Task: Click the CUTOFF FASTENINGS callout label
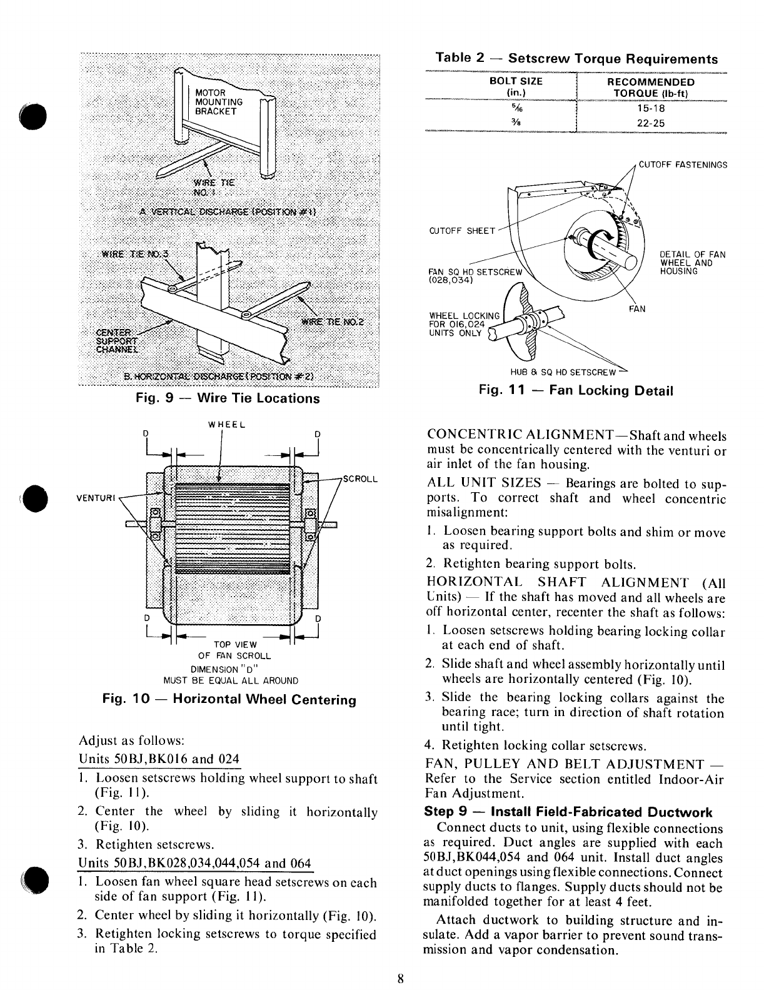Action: (x=683, y=165)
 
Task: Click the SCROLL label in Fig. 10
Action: (x=361, y=479)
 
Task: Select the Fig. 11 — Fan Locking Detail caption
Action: (x=576, y=391)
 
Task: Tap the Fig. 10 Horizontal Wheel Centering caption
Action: (x=229, y=700)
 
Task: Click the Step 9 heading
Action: (x=568, y=812)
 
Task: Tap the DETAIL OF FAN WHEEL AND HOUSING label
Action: (x=693, y=263)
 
